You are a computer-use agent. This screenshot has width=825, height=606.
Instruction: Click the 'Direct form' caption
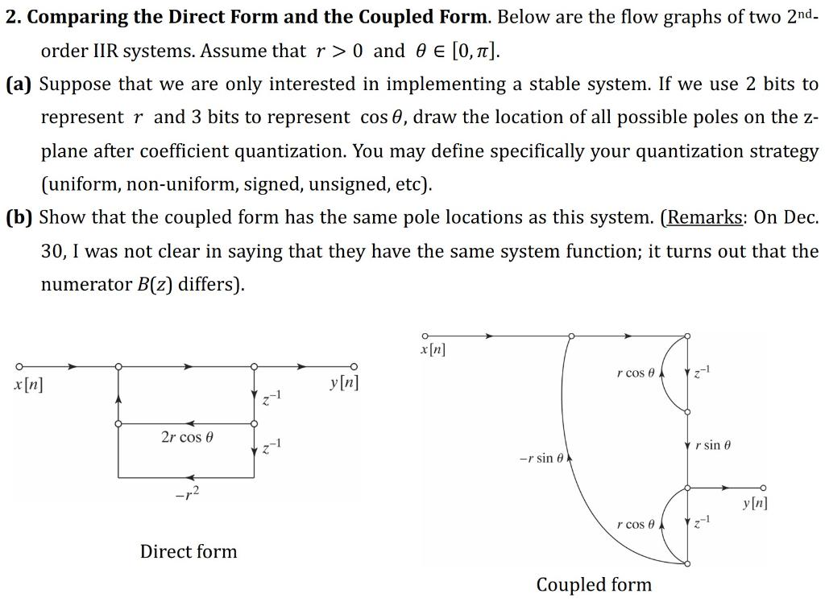click(189, 551)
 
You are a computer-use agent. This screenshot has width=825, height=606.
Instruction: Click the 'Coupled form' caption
click(594, 584)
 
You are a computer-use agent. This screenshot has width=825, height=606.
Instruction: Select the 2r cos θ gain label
click(187, 437)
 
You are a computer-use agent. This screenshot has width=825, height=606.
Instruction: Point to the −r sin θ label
click(543, 458)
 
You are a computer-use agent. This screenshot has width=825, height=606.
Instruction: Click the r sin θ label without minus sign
click(712, 445)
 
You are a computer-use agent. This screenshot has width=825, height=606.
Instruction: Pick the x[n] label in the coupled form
click(433, 349)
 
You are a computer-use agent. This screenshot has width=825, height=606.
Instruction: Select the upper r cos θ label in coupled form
click(636, 373)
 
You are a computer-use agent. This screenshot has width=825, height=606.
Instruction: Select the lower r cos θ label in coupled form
click(636, 525)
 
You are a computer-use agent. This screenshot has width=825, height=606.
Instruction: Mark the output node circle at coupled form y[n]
click(762, 488)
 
